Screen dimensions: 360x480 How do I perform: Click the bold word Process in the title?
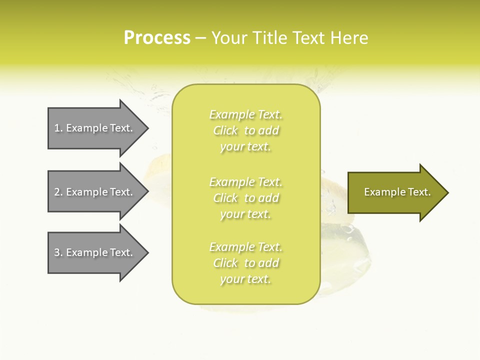point(157,38)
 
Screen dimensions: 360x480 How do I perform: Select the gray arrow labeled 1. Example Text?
point(95,128)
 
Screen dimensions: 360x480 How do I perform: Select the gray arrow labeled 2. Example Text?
point(95,192)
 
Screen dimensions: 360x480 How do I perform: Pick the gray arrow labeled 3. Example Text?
point(95,252)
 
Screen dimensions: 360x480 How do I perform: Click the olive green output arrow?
point(395,192)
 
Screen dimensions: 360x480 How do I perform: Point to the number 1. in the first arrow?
point(58,128)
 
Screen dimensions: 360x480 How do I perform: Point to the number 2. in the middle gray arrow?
point(58,192)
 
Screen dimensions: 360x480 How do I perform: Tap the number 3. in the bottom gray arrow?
point(58,252)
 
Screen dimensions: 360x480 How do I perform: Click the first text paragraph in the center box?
point(245,130)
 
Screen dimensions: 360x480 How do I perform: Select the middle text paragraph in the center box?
point(245,198)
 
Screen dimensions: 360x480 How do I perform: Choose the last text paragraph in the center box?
point(245,263)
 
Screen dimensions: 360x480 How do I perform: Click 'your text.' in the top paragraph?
point(245,147)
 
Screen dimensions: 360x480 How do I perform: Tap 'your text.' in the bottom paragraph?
point(245,279)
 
